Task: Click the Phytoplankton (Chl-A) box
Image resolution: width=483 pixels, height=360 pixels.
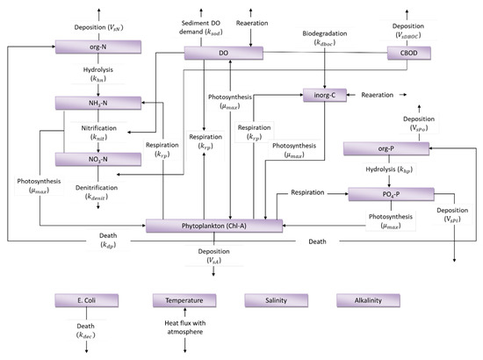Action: click(215, 227)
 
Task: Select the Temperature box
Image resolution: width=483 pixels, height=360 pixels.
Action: click(184, 300)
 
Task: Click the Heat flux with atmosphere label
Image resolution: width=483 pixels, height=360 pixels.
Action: click(184, 328)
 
